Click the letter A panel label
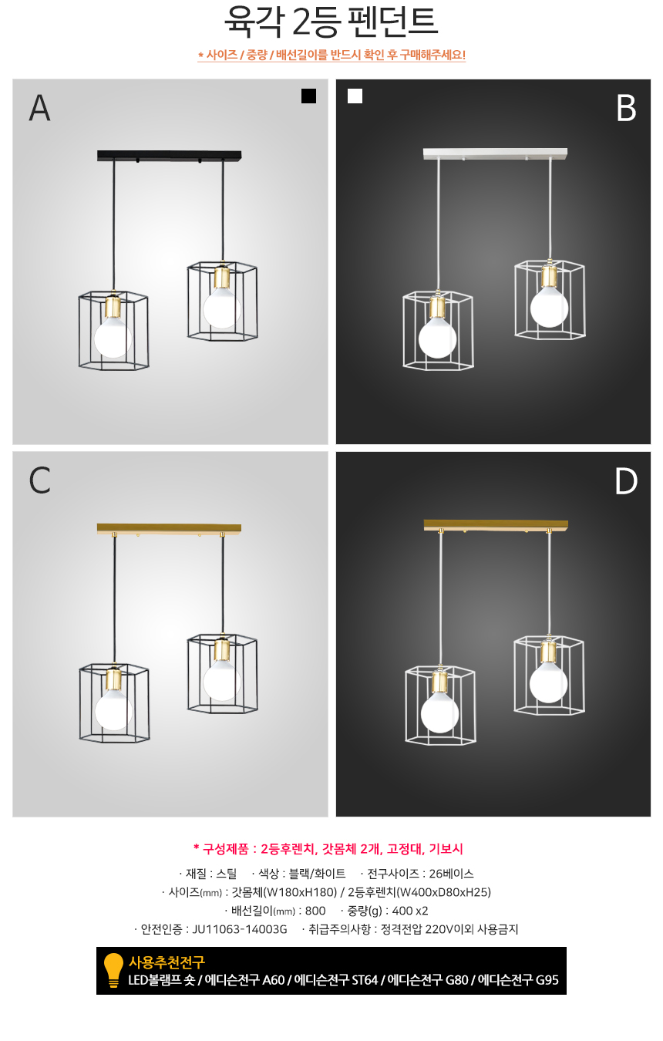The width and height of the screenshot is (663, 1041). [x=39, y=108]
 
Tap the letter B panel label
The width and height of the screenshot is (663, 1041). [x=626, y=108]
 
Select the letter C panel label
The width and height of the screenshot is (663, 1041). [x=39, y=480]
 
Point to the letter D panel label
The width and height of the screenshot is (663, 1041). [x=625, y=481]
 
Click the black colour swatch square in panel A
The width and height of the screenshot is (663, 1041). [x=308, y=96]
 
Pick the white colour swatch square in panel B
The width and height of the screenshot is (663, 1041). [x=355, y=96]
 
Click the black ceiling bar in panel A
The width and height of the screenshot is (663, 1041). [x=169, y=156]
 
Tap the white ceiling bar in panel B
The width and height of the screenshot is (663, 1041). [x=495, y=153]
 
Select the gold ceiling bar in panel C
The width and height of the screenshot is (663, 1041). [x=169, y=528]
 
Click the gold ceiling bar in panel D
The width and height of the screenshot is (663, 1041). [x=496, y=525]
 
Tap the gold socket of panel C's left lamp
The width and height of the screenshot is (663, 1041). [x=113, y=679]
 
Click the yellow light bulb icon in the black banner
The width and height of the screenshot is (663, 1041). [x=113, y=970]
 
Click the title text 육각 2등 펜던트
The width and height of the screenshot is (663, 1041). [x=331, y=22]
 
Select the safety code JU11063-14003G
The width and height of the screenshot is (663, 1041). [x=240, y=929]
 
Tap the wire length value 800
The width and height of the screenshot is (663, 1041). [x=315, y=911]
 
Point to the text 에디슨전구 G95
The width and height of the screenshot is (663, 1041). [x=518, y=979]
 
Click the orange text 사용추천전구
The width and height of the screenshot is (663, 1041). [x=167, y=962]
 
